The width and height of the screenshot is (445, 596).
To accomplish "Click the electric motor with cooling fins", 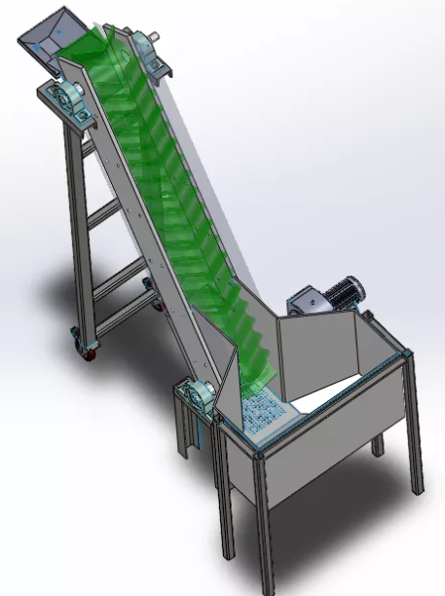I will (x=344, y=291).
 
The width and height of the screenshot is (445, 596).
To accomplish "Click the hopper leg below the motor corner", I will (x=417, y=428).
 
